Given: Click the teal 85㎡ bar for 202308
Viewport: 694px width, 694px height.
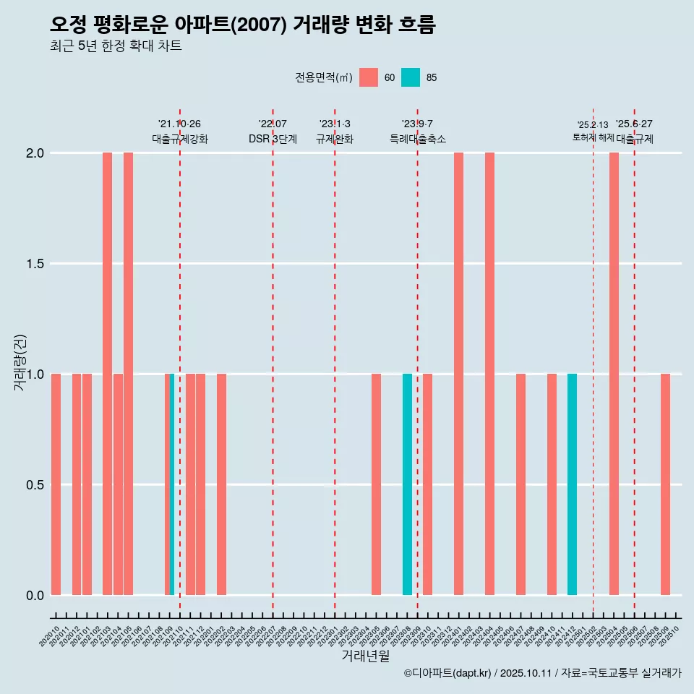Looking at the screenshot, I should [407, 484].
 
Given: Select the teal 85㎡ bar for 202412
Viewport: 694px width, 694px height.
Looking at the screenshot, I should [572, 484].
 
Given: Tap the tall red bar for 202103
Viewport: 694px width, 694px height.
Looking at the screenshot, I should [107, 374].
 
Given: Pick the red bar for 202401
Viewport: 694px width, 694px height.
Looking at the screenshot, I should [458, 374].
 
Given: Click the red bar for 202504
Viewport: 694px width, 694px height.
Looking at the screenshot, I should [614, 374].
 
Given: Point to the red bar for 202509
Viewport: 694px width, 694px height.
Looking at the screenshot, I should [665, 484].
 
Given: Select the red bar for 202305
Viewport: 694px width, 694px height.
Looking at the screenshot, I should [376, 484].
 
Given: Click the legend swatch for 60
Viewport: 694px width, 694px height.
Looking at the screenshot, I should [369, 77].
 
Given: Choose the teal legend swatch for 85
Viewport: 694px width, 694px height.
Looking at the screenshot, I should [411, 77].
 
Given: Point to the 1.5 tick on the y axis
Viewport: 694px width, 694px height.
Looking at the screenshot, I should [35, 264].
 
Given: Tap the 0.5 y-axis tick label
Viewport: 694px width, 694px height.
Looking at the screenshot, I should [35, 485].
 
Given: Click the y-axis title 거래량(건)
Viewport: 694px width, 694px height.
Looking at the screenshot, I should [20, 362].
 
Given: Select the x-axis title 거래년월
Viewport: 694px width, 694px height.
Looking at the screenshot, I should [365, 656].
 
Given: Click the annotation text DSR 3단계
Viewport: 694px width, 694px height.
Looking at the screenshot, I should [273, 139].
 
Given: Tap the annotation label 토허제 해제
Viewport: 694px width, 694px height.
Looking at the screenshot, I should [593, 137].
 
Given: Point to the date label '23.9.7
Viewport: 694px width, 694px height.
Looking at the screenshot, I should [417, 124].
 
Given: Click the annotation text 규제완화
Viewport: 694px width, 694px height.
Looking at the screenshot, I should [335, 139].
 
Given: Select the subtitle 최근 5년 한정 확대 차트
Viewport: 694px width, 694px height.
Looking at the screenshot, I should [116, 46].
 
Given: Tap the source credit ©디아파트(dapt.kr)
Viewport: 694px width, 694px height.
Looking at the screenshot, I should [447, 674].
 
